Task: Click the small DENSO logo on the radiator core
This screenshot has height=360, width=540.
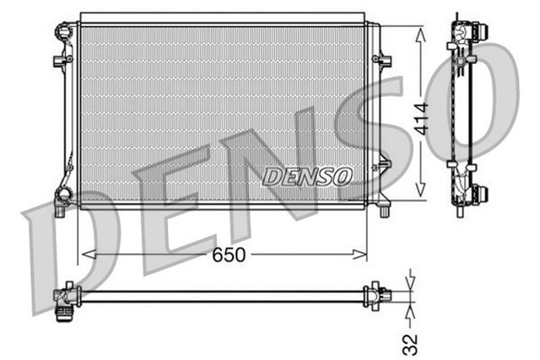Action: pyautogui.click(x=308, y=176)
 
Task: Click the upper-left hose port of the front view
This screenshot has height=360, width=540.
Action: pyautogui.click(x=63, y=34)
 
